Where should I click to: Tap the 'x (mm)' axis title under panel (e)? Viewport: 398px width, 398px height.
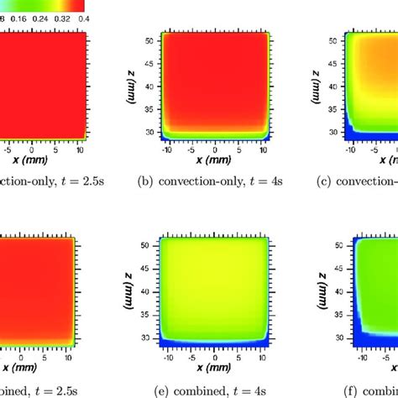(214, 368)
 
